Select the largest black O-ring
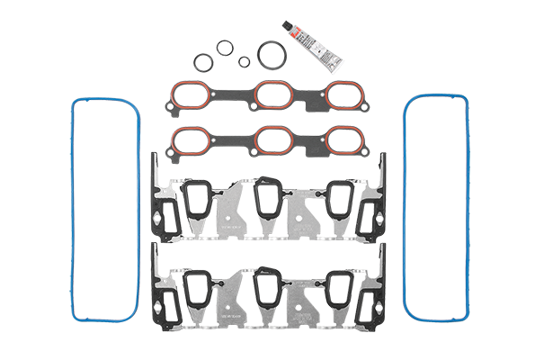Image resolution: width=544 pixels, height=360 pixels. click(x=268, y=53)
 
